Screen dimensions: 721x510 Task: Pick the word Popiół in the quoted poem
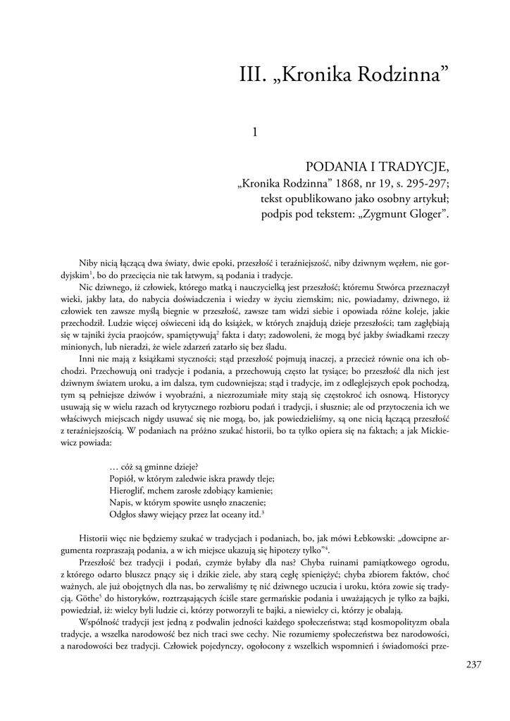124,477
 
